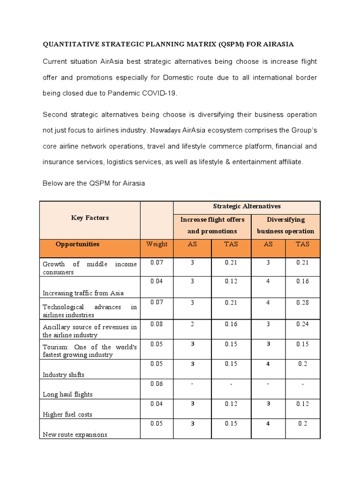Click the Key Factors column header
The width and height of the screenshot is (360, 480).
(90, 217)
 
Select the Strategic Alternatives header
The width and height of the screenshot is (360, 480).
(247, 206)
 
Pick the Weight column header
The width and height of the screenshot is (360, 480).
(157, 244)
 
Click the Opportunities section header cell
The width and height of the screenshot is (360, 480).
(77, 244)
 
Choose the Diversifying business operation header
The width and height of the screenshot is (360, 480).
(285, 225)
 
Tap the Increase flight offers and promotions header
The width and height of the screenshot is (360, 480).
(212, 225)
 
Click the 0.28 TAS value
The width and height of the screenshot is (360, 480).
(302, 303)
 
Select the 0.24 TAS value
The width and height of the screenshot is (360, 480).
(302, 323)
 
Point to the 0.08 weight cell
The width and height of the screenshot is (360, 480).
(157, 323)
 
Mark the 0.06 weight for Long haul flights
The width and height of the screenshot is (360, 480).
(157, 383)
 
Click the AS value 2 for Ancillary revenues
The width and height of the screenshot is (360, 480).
(192, 323)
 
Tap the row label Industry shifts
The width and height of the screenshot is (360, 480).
(64, 375)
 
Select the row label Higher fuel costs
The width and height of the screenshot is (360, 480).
(67, 414)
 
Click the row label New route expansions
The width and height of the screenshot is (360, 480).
(75, 435)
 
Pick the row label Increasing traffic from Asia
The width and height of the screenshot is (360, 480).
(83, 293)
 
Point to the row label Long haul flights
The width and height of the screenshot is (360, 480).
(67, 394)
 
